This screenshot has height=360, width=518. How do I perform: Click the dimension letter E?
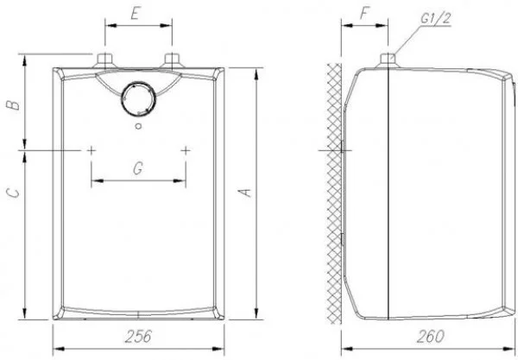(x=136, y=14)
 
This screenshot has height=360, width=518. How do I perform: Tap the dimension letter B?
(x=11, y=104)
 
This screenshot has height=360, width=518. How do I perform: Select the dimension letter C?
(x=11, y=195)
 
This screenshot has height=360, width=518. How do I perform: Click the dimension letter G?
(x=137, y=169)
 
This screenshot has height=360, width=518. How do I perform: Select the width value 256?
(x=138, y=336)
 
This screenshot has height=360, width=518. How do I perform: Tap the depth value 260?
(x=424, y=336)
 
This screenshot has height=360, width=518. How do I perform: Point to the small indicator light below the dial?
(x=138, y=127)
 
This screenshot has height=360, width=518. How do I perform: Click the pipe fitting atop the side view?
(x=388, y=60)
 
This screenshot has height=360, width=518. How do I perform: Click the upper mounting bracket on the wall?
(x=343, y=149)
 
